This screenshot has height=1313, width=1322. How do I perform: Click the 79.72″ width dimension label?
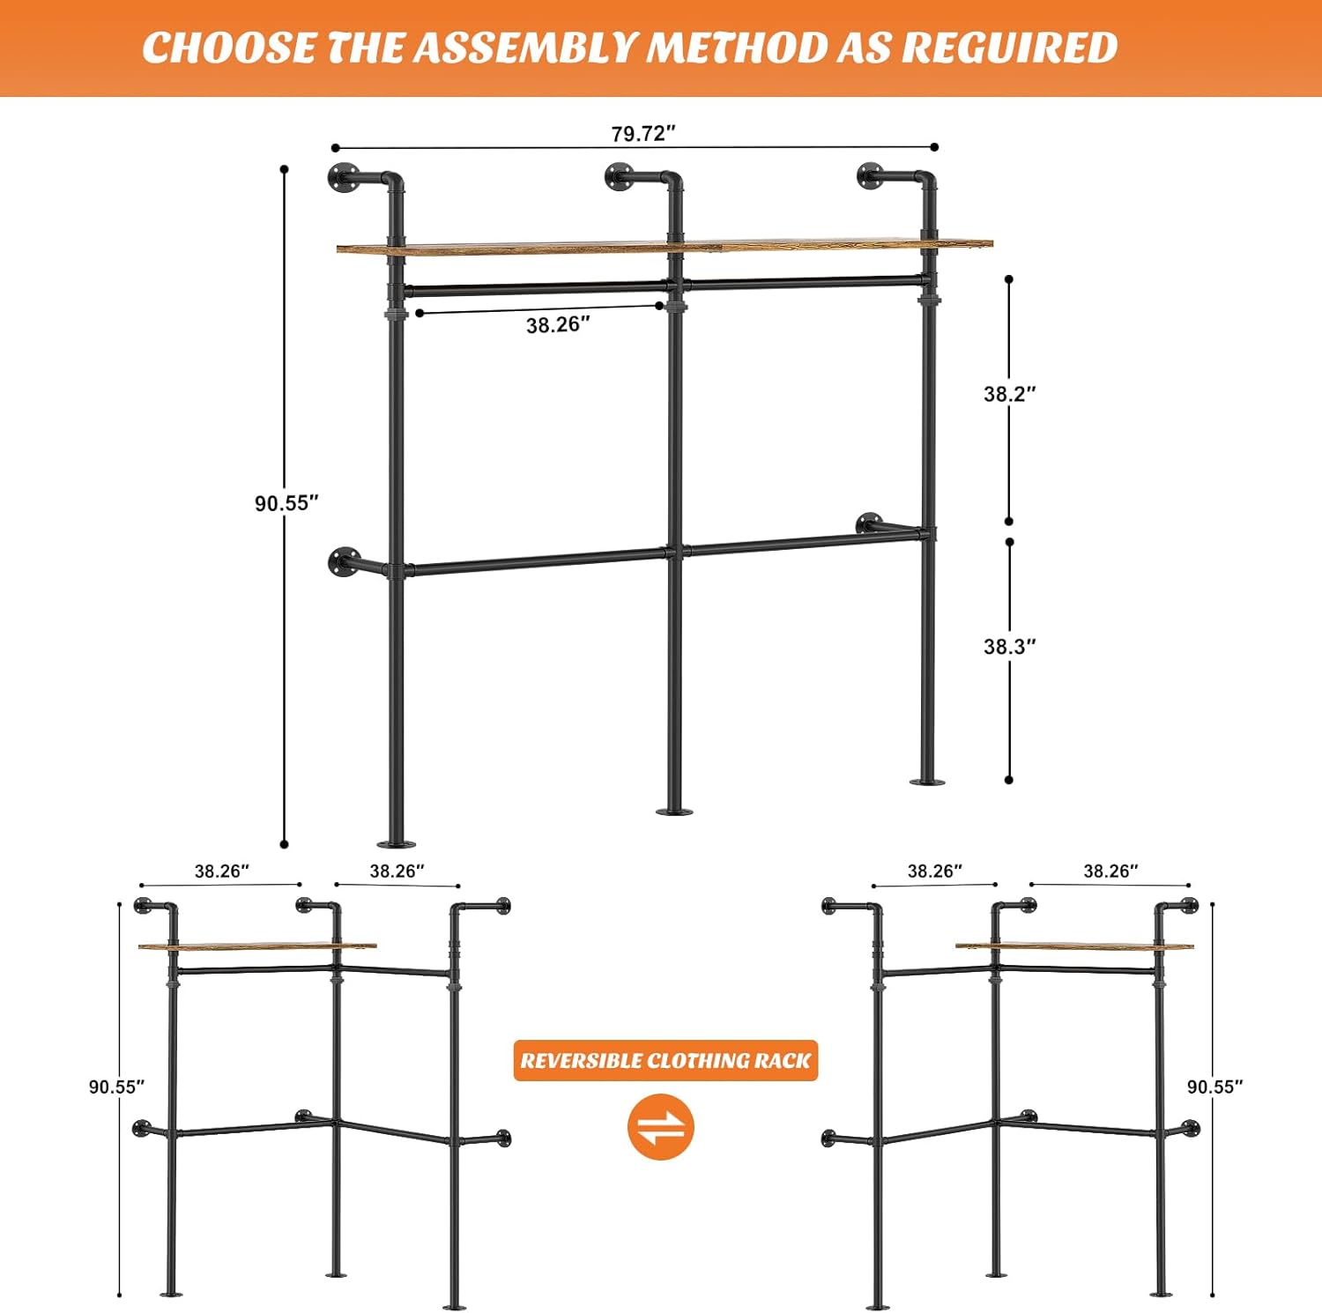(x=643, y=133)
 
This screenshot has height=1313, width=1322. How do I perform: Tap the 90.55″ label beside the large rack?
(x=286, y=503)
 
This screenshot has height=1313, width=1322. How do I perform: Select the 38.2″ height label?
(x=1010, y=394)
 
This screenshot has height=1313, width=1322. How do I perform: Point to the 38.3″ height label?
(x=1010, y=646)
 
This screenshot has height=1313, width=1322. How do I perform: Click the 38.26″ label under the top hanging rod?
(x=559, y=325)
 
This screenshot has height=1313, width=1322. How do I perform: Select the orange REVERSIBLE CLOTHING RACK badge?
(x=665, y=1060)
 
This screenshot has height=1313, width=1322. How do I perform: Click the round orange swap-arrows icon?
(x=661, y=1127)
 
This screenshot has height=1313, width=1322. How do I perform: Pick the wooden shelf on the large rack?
(x=665, y=246)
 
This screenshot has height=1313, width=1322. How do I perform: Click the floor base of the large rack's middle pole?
(x=674, y=811)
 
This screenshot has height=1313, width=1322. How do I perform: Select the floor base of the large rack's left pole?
(x=397, y=844)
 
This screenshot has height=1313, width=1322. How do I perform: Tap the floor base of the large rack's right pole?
(x=927, y=781)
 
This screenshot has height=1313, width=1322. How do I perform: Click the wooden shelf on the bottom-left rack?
(x=257, y=946)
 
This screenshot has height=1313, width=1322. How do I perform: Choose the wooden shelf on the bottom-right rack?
(x=1075, y=946)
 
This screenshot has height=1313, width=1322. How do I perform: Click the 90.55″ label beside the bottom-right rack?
(x=1214, y=1087)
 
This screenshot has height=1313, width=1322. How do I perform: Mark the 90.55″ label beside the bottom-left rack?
(x=116, y=1087)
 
